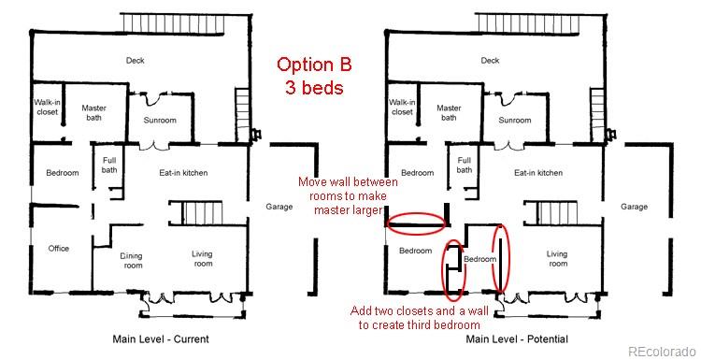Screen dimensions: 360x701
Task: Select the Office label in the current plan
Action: (59, 249)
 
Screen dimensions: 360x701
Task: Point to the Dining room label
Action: (132, 259)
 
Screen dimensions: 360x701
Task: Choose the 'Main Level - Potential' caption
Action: (517, 338)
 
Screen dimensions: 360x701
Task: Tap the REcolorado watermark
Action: (662, 352)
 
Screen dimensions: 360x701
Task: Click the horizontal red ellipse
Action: (416, 223)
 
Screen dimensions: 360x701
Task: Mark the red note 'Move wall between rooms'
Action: (349, 196)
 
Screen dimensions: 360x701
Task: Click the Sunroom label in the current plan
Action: (160, 121)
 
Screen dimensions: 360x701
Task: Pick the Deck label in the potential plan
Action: (490, 61)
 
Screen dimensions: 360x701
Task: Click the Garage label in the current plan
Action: (279, 207)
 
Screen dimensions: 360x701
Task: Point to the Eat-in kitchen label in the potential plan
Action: (537, 173)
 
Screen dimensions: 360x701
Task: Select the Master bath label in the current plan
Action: (95, 113)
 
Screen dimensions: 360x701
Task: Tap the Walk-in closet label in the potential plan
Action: (402, 107)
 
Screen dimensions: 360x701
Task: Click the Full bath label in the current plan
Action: (110, 166)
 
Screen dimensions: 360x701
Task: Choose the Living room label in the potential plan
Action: (557, 259)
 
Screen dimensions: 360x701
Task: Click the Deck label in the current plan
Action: (136, 61)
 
